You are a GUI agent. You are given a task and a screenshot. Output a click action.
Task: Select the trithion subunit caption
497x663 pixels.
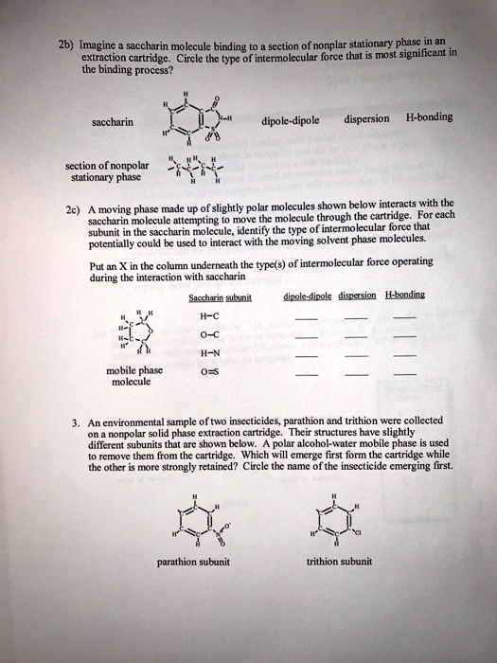[x=340, y=561]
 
